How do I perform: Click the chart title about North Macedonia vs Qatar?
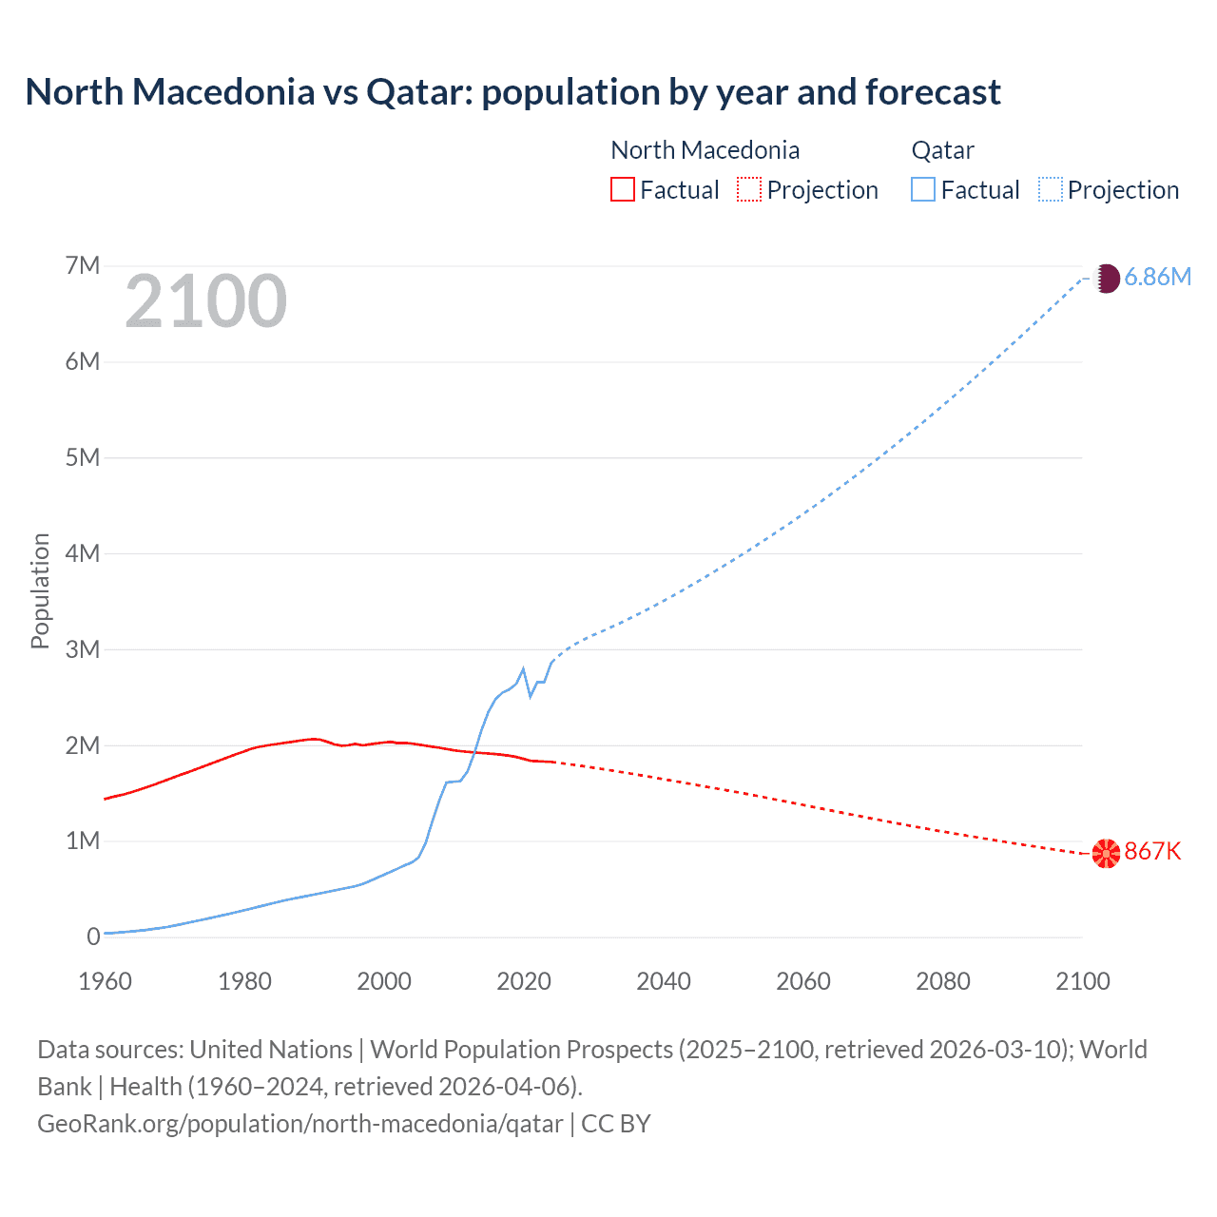click(512, 92)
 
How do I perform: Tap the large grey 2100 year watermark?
click(205, 301)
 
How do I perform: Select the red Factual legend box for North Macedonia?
click(622, 189)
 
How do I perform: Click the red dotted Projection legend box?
click(749, 189)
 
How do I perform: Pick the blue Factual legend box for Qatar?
click(923, 189)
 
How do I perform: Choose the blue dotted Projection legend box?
click(1050, 189)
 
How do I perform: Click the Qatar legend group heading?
click(942, 150)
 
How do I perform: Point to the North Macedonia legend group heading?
click(705, 150)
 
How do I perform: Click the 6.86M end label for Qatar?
click(1157, 277)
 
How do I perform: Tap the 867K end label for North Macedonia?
click(1152, 851)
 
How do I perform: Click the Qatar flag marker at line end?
click(1106, 279)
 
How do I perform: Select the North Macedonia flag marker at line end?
click(1106, 854)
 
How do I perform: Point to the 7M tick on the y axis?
click(83, 265)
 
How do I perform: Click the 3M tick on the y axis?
click(83, 649)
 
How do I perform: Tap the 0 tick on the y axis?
click(93, 937)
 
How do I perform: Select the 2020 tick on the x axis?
click(524, 981)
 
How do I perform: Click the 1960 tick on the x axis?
click(105, 981)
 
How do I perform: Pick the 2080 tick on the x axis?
click(943, 981)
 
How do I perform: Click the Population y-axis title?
click(40, 590)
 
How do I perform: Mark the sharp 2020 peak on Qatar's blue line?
click(523, 668)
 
